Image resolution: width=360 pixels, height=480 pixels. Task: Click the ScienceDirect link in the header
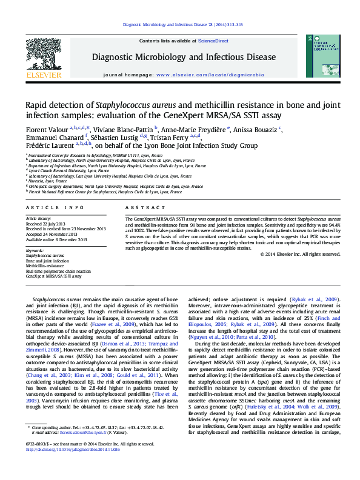pyautogui.click(x=214, y=41)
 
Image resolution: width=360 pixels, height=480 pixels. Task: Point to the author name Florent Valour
pyautogui.click(x=46, y=129)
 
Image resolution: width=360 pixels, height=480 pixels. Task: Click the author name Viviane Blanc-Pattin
pyautogui.click(x=124, y=129)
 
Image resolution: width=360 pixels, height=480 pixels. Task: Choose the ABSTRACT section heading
pyautogui.click(x=140, y=207)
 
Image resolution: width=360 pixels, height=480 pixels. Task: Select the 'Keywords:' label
pyautogui.click(x=35, y=250)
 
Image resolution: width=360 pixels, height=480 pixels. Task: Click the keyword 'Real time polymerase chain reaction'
pyautogui.click(x=57, y=271)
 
